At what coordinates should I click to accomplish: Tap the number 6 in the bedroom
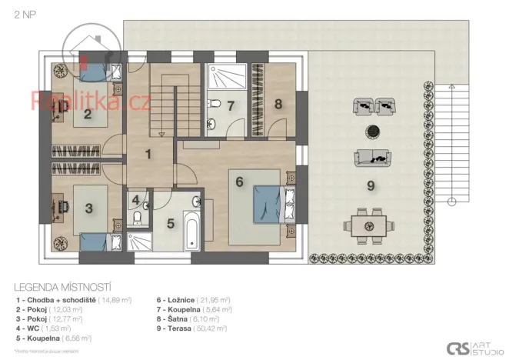pyautogui.click(x=239, y=182)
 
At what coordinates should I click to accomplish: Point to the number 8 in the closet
pyautogui.click(x=278, y=103)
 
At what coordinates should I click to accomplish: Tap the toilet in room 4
pyautogui.click(x=136, y=218)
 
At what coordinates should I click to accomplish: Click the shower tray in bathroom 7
pyautogui.click(x=228, y=78)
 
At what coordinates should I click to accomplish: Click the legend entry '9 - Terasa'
pyautogui.click(x=192, y=328)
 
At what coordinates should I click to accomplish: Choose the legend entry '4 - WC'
pyautogui.click(x=46, y=328)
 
